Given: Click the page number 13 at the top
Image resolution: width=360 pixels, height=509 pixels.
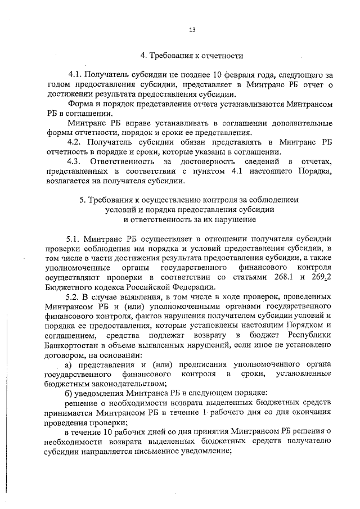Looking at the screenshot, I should [191, 30].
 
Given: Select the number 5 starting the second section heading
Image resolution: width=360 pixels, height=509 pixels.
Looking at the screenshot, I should [82, 200].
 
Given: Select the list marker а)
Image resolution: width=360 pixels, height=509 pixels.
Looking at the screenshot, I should [69, 364].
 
